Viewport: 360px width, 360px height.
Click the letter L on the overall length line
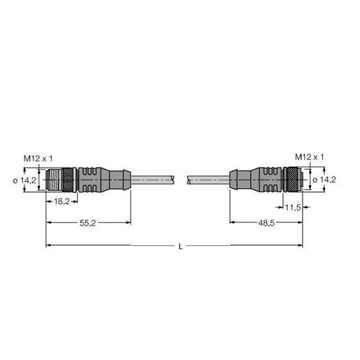(180, 245)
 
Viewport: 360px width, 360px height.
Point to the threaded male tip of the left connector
(50, 180)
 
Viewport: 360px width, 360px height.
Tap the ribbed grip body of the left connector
(89, 180)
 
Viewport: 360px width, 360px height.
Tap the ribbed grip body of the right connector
(264, 180)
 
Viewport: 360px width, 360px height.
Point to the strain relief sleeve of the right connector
(239, 180)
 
